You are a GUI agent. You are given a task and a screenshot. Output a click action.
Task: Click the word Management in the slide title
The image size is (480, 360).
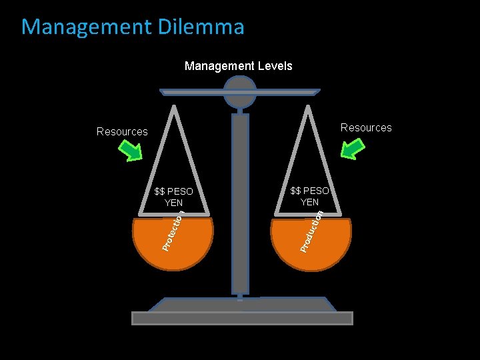tap(85, 27)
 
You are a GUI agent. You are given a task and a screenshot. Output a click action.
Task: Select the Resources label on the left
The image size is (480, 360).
tap(122, 131)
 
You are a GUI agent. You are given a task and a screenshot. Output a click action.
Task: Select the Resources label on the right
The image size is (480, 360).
tap(366, 127)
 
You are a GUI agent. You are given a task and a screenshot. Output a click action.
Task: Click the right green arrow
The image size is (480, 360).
tap(351, 150)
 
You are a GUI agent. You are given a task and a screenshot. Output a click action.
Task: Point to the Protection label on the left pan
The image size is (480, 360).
tap(173, 231)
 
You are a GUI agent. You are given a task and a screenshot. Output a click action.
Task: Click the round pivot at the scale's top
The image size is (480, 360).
tap(240, 92)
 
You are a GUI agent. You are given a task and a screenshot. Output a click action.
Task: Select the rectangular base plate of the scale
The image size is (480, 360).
tap(241, 318)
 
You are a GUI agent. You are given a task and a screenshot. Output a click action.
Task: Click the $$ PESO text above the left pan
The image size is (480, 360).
tap(173, 192)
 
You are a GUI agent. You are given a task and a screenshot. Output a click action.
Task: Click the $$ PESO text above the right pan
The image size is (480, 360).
tap(310, 191)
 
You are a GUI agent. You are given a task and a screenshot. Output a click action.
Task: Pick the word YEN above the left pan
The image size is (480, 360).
tap(173, 203)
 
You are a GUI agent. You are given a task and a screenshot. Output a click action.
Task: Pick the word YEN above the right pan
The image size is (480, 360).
tap(310, 201)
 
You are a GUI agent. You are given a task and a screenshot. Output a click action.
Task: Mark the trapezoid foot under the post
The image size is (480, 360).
tap(241, 305)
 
